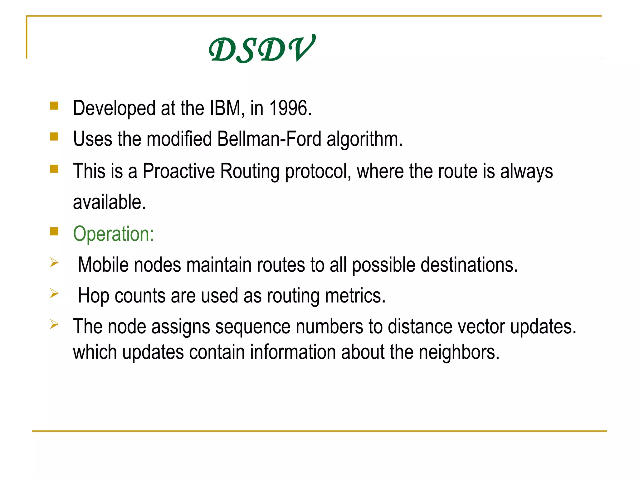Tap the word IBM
pos(226,108)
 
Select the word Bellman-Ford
pos(269,139)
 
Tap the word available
pos(109,202)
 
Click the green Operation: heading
pos(114,234)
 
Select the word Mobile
pos(103,265)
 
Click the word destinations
pos(469,265)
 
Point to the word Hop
pos(93,296)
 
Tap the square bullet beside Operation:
pos(54,231)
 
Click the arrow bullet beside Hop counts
pos(54,293)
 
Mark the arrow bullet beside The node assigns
pos(54,324)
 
